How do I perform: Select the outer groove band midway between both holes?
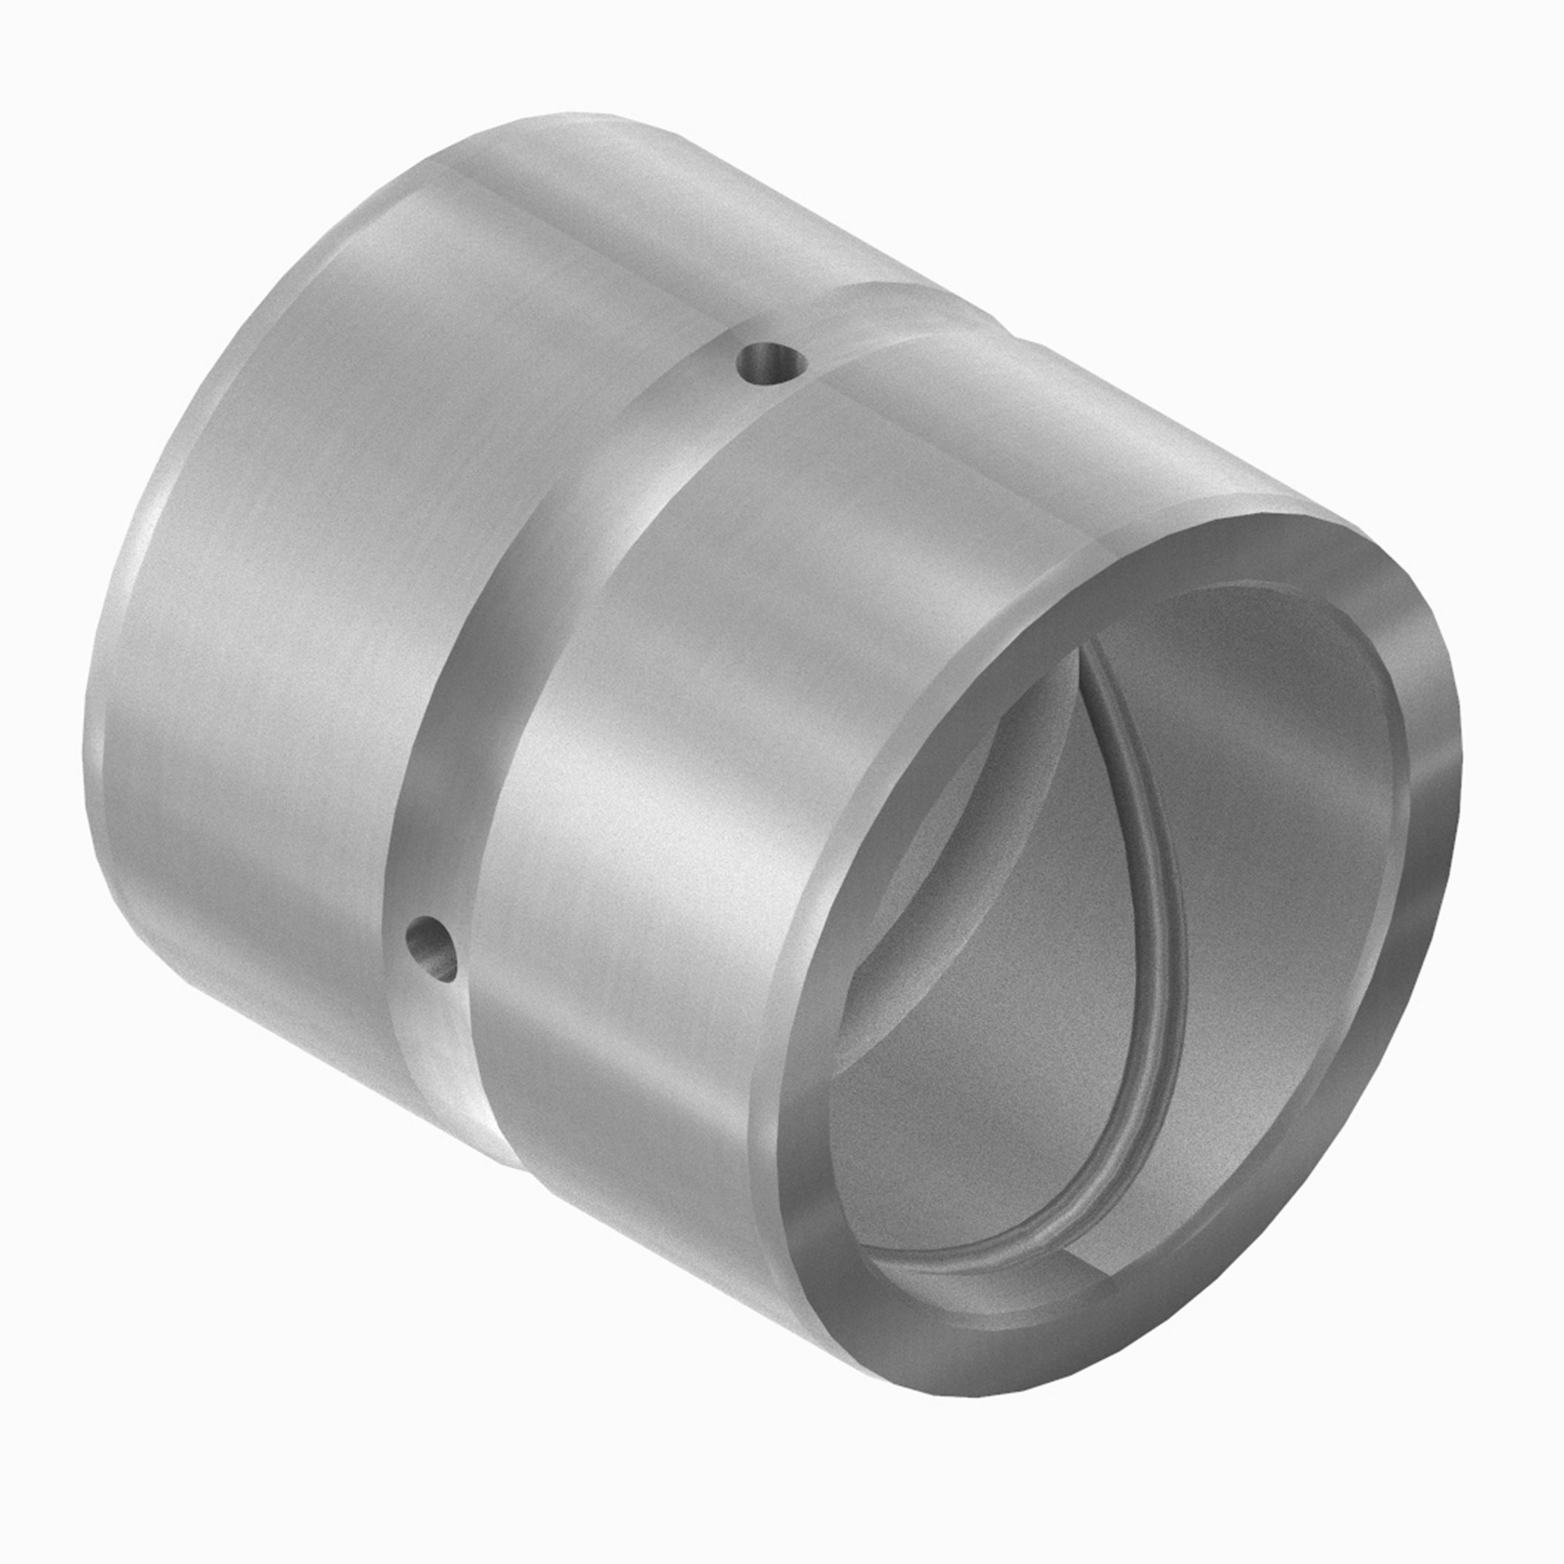[x=567, y=615]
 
